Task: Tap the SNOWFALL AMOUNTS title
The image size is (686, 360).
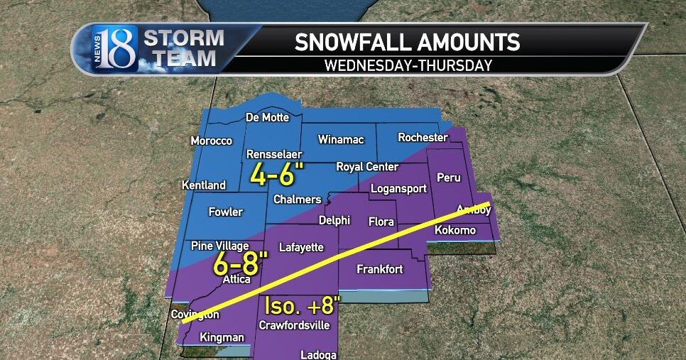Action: pyautogui.click(x=408, y=42)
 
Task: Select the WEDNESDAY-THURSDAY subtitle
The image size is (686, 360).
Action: pyautogui.click(x=408, y=65)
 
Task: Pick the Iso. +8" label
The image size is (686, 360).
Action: pyautogui.click(x=303, y=306)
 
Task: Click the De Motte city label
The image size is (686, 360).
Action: pyautogui.click(x=267, y=117)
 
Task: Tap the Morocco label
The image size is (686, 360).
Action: pyautogui.click(x=211, y=141)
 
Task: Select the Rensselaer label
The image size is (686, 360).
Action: pyautogui.click(x=274, y=154)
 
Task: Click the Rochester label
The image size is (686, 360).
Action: pyautogui.click(x=423, y=137)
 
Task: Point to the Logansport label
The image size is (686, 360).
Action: pyautogui.click(x=398, y=189)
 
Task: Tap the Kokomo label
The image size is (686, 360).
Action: pyautogui.click(x=454, y=230)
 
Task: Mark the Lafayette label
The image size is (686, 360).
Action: pyautogui.click(x=301, y=247)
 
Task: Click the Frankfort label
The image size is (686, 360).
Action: pyautogui.click(x=379, y=269)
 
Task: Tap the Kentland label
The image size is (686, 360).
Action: pyautogui.click(x=204, y=185)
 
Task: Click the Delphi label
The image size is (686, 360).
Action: pyautogui.click(x=334, y=220)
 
